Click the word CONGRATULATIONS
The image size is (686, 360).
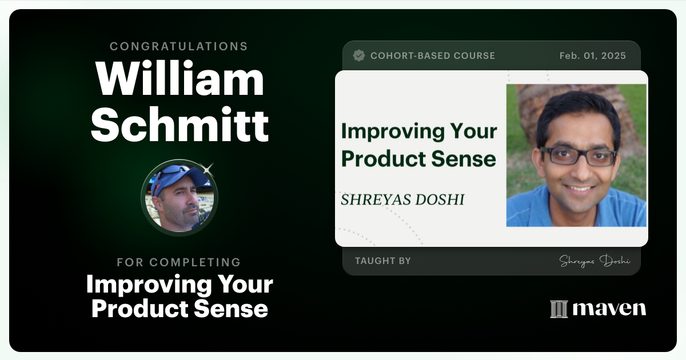[179, 46]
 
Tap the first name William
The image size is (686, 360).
[180, 79]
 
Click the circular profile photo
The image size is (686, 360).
[180, 198]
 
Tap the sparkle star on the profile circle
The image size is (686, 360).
[208, 168]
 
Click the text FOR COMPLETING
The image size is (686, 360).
[179, 262]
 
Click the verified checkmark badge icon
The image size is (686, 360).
[359, 55]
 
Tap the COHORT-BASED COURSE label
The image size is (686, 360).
[433, 55]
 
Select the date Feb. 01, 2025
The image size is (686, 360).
[592, 55]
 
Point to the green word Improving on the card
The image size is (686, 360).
[391, 131]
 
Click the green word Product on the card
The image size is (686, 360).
[381, 159]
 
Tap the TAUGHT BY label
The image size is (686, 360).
[383, 261]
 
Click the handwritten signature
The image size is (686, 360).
[595, 261]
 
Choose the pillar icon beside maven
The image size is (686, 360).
[559, 309]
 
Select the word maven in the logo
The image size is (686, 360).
[609, 309]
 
